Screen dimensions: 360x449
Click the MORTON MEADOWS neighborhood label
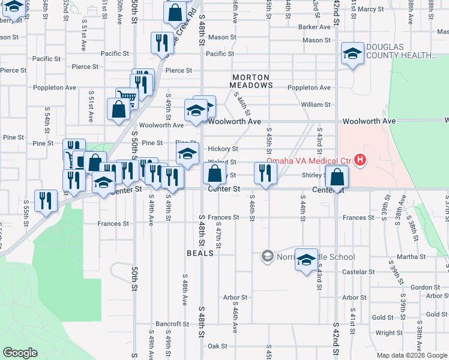click(252, 82)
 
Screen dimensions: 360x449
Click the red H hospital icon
click(360, 160)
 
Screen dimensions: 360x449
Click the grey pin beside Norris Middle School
click(267, 257)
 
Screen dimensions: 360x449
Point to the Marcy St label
click(372, 9)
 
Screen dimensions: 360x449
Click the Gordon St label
click(426, 287)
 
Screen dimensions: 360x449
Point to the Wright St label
click(389, 333)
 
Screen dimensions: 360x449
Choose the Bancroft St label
click(169, 324)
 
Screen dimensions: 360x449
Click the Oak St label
click(217, 346)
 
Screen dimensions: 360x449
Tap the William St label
click(316, 104)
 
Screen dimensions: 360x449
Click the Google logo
click(20, 353)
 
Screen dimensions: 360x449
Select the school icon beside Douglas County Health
click(352, 53)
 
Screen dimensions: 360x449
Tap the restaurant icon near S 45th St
click(265, 173)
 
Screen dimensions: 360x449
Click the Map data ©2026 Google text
click(411, 355)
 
